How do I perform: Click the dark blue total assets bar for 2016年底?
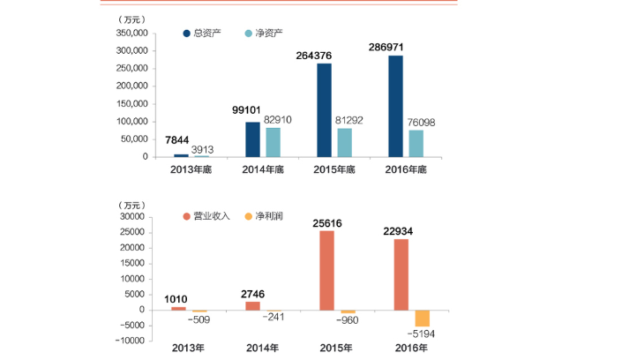[395, 106]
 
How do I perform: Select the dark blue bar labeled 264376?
[324, 110]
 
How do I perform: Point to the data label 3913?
[205, 149]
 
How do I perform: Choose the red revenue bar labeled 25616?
[327, 269]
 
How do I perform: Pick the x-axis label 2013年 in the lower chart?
[188, 349]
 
